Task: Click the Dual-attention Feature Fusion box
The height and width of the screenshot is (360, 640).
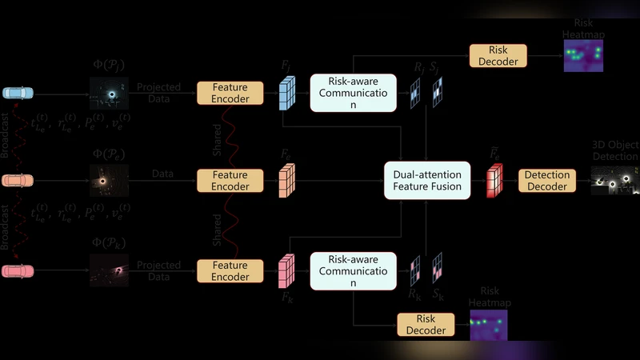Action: pyautogui.click(x=422, y=180)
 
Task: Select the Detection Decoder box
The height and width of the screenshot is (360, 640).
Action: pyautogui.click(x=546, y=181)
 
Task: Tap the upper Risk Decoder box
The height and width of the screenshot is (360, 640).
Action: pyautogui.click(x=498, y=55)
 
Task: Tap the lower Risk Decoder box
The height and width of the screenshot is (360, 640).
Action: pyautogui.click(x=426, y=324)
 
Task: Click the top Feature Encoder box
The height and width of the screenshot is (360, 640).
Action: pyautogui.click(x=230, y=93)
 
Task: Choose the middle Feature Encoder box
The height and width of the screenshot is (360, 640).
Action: pyautogui.click(x=230, y=181)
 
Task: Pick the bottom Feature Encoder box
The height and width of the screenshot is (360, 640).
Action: pyautogui.click(x=230, y=270)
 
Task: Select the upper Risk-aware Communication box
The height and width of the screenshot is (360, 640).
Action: pyautogui.click(x=353, y=93)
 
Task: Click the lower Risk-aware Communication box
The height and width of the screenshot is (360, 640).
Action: pyautogui.click(x=353, y=270)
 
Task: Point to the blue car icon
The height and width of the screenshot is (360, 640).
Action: pyautogui.click(x=18, y=93)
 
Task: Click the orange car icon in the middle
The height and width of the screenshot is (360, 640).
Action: pyautogui.click(x=18, y=182)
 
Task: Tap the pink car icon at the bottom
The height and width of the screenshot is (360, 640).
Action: pyautogui.click(x=18, y=271)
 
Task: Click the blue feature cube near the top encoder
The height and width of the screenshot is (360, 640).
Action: pyautogui.click(x=288, y=94)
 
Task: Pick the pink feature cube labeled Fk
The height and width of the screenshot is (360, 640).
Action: pyautogui.click(x=286, y=270)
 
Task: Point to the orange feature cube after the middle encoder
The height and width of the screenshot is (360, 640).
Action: pyautogui.click(x=287, y=181)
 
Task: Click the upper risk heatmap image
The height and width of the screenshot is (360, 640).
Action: pyautogui.click(x=583, y=55)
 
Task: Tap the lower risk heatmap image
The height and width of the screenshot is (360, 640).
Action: pyautogui.click(x=488, y=324)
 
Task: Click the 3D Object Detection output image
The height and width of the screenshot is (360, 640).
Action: pyautogui.click(x=614, y=182)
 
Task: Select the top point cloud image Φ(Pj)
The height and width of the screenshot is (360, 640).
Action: pyautogui.click(x=109, y=94)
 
